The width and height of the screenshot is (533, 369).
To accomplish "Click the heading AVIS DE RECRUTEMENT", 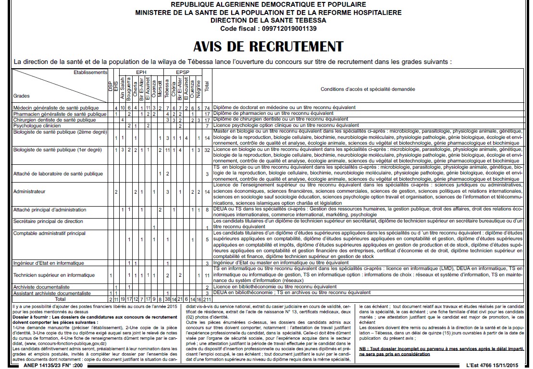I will pos(268,47).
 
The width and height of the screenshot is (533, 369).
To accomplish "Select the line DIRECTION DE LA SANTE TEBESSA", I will pos(268,21).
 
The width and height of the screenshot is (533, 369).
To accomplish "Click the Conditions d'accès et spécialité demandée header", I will pos(368,89).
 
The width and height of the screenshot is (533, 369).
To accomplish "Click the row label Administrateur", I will pos(29,192).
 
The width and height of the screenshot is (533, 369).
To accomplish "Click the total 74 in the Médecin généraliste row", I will pos(207,108).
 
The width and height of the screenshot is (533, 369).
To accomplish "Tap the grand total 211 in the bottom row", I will pos(207,299).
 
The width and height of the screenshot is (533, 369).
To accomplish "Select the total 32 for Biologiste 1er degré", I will pos(207,150).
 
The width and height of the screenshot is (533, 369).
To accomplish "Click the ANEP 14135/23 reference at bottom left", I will pos(48,365).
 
